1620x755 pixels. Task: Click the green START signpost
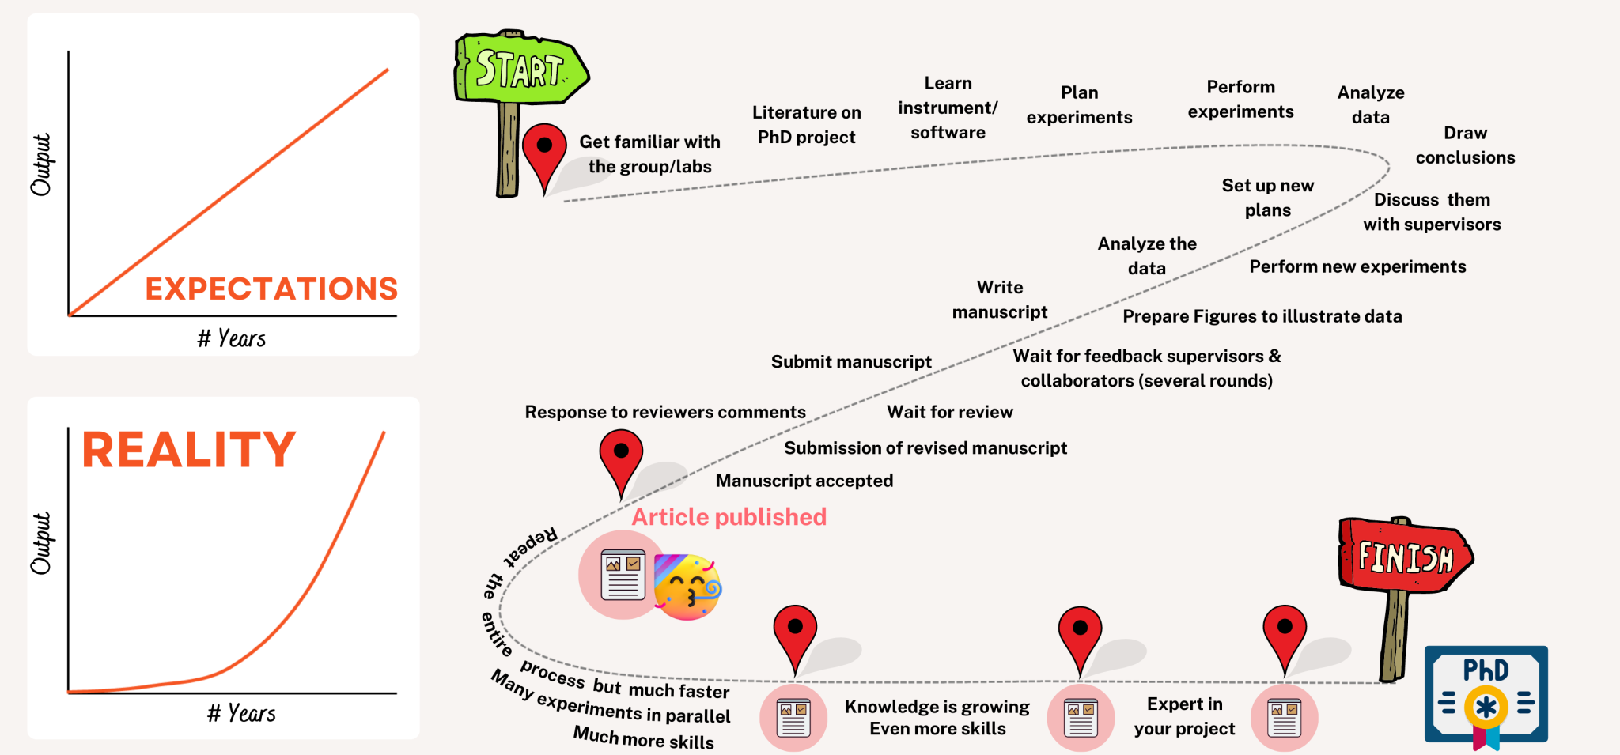520,70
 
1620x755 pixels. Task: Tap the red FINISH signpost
1405,557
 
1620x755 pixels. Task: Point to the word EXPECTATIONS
271,289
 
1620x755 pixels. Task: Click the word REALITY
189,450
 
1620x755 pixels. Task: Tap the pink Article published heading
729,517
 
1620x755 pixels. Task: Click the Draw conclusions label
1465,145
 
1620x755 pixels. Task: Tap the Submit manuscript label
851,362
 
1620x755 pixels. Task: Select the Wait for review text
949,412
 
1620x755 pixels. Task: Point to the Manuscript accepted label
804,481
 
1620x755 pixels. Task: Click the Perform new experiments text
1357,266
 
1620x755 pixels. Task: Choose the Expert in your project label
1184,716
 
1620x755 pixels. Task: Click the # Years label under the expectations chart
231,338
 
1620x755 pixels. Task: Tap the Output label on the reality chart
41,543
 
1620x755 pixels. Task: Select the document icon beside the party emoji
623,575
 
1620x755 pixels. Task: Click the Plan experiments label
1079,105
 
